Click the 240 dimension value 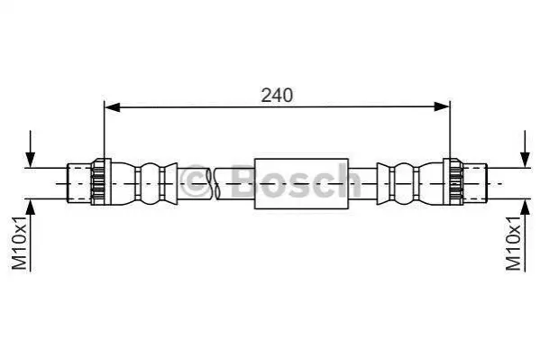pyautogui.click(x=277, y=96)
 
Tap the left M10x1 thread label pyautogui.click(x=20, y=243)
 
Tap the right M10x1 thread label pyautogui.click(x=514, y=243)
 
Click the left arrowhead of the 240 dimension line pyautogui.click(x=113, y=107)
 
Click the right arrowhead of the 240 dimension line pyautogui.click(x=442, y=107)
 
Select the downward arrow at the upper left pyautogui.click(x=31, y=149)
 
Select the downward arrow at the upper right pyautogui.click(x=525, y=149)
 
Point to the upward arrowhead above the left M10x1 pyautogui.click(x=31, y=207)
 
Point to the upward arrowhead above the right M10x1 pyautogui.click(x=525, y=207)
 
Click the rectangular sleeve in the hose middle pyautogui.click(x=301, y=183)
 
